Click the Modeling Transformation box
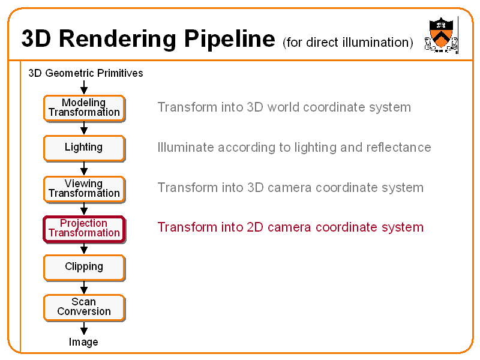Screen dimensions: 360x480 point(84,108)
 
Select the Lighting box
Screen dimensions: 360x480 point(84,148)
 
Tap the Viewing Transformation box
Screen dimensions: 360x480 point(84,188)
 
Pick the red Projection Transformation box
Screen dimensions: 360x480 point(84,229)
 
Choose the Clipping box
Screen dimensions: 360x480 point(84,267)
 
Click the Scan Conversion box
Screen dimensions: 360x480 point(84,307)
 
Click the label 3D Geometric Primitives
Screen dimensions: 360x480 point(86,73)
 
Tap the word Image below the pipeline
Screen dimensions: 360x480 point(83,342)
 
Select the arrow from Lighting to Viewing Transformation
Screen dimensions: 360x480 point(84,169)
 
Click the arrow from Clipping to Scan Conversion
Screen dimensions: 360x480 point(84,287)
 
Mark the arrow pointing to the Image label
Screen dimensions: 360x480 point(84,328)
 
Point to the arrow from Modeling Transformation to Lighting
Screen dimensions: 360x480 point(84,128)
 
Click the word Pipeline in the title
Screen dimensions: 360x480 point(229,39)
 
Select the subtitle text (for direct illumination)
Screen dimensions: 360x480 point(347,42)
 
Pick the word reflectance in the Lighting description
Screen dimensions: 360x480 point(401,148)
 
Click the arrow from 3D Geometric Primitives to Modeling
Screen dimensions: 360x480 point(84,87)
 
